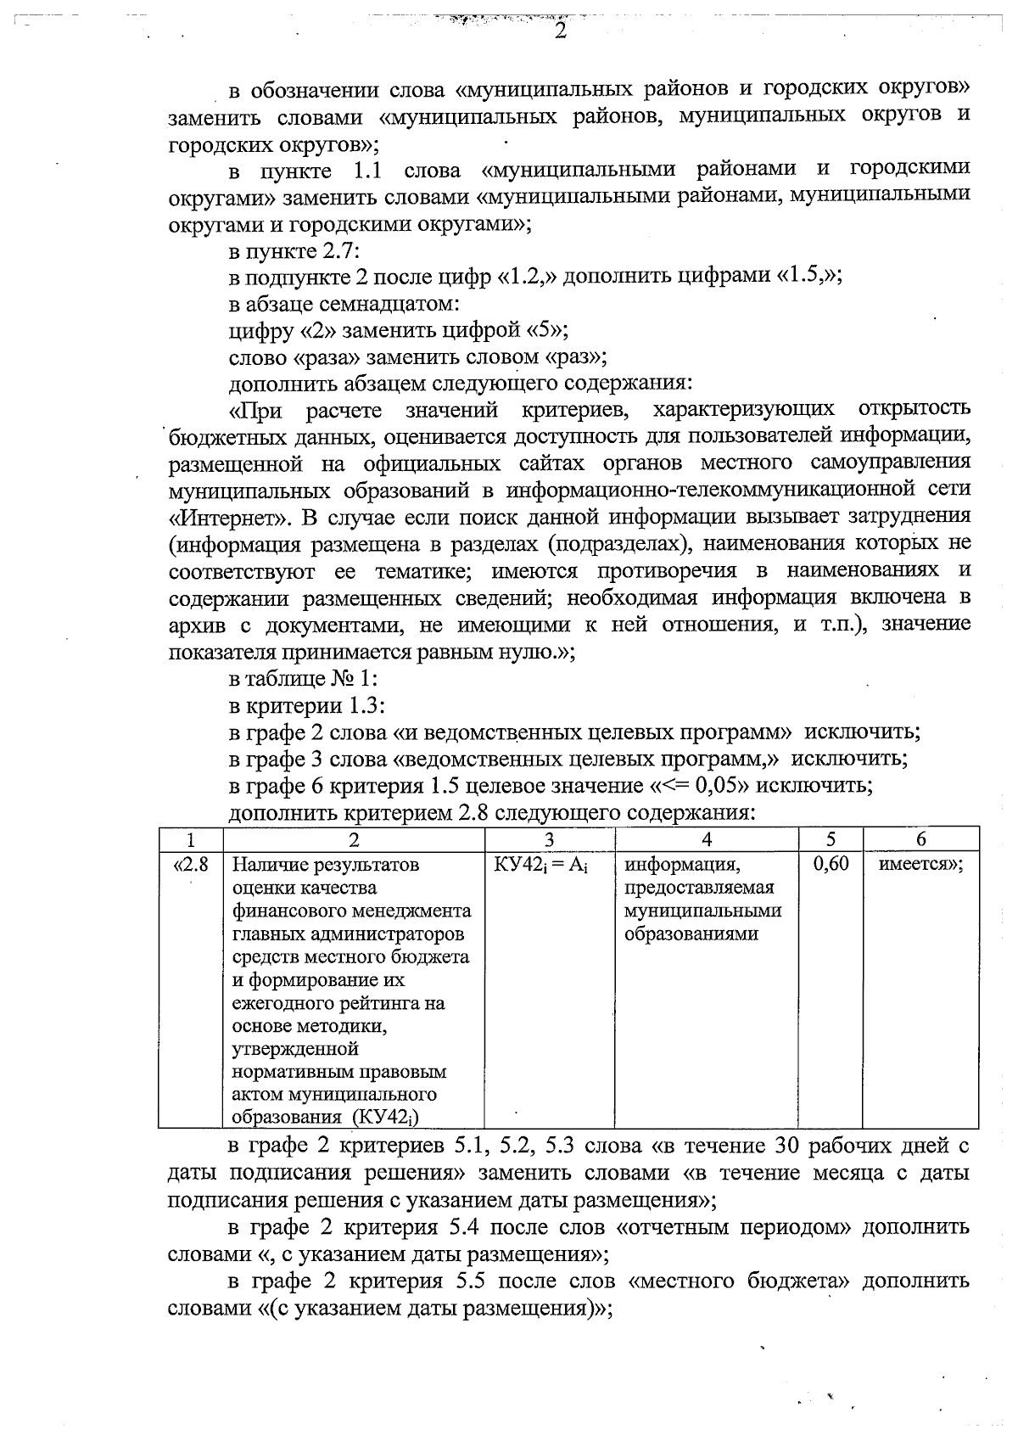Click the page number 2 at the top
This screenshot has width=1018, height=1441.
click(559, 31)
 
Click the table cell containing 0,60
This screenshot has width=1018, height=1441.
click(831, 865)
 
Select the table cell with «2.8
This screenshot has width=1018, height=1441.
click(192, 865)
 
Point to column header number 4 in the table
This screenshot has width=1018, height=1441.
click(707, 839)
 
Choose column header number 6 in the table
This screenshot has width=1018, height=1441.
click(920, 839)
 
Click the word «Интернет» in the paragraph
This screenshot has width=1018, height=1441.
click(218, 518)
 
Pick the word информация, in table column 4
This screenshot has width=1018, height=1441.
click(682, 866)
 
